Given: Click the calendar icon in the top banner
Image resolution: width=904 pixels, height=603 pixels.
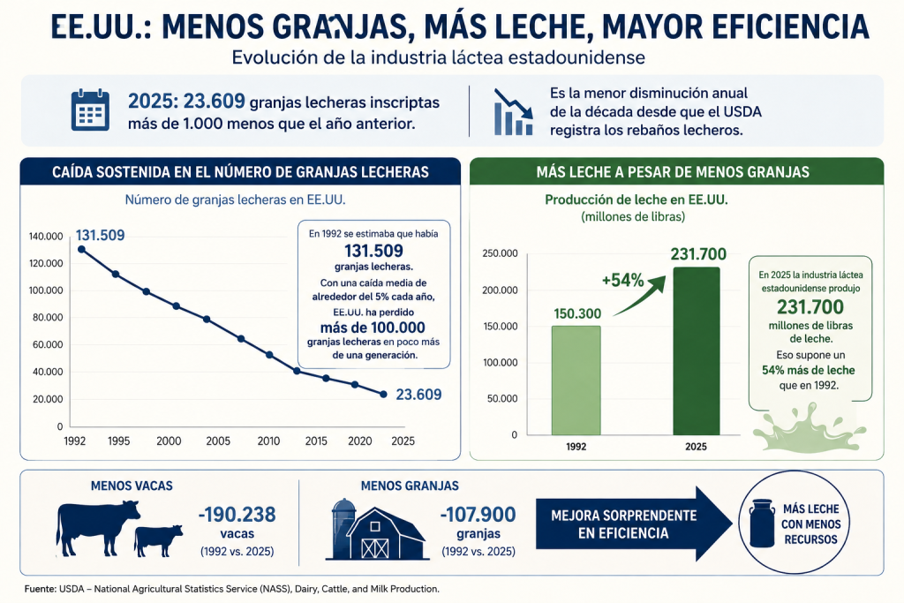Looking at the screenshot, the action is [91, 109].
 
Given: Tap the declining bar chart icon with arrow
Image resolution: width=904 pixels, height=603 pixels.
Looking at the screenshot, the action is [513, 112].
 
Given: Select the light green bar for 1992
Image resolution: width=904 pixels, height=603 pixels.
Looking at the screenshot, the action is [576, 381].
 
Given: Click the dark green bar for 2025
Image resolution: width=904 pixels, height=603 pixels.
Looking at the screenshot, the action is [697, 351].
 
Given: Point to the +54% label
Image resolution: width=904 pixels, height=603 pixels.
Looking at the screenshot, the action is [622, 280].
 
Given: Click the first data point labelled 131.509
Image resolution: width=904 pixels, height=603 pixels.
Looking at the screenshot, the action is [81, 249].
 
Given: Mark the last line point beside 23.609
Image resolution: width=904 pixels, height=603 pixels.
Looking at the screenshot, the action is [383, 395].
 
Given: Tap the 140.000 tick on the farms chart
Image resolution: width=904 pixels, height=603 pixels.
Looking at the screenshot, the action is [46, 237].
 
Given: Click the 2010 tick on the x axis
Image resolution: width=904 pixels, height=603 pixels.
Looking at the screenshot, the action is [268, 441].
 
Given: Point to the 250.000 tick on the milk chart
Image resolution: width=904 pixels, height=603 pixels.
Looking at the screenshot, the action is [500, 253].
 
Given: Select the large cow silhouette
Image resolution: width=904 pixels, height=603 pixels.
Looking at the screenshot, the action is [98, 527].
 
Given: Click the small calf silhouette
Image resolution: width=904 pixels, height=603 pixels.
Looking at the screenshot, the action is [158, 540].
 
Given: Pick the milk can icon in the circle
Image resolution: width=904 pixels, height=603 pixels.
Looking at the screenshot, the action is [762, 523].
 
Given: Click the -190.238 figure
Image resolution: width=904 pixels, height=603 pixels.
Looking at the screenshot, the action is [237, 514].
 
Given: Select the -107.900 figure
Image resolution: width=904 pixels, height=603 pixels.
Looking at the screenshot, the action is [478, 514].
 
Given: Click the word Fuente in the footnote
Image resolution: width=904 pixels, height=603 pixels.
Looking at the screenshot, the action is [41, 589].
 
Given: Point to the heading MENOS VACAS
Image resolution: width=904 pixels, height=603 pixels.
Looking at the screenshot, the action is [132, 486].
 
